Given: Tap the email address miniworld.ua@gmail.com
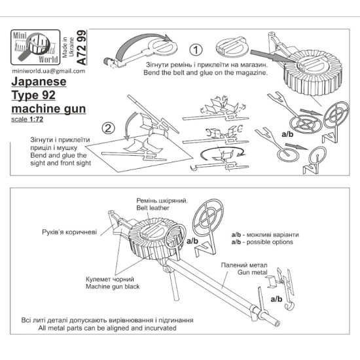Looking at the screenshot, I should [47, 71].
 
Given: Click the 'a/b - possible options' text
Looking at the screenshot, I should [261, 242].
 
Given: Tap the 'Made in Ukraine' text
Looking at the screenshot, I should [68, 48].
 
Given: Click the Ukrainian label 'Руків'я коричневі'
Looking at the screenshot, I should [60, 232].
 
